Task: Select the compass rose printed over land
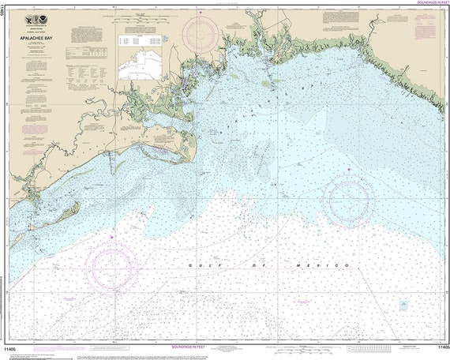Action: (x=201, y=32)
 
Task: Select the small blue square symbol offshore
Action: (x=403, y=304)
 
